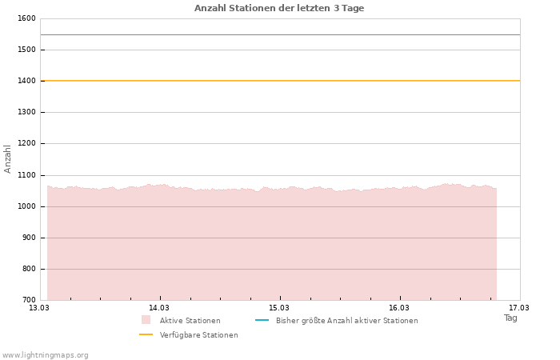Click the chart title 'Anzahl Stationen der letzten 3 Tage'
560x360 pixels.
[x=279, y=8]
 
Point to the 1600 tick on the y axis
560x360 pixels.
[x=26, y=18]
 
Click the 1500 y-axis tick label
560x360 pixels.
[x=26, y=50]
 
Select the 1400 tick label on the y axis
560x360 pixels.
[x=26, y=81]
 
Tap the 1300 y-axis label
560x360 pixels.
[x=26, y=112]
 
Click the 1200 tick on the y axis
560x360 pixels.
[x=26, y=143]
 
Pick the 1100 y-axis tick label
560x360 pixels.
[x=26, y=175]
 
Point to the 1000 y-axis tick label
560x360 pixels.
[x=26, y=206]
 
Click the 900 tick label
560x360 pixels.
[x=28, y=238]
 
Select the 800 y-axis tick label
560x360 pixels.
[x=28, y=269]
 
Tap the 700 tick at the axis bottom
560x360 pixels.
[x=28, y=300]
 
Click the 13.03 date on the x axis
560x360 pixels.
[x=39, y=307]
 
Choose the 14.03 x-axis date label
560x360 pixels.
[x=159, y=307]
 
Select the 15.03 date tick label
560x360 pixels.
[x=279, y=307]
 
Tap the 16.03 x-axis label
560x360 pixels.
[x=399, y=307]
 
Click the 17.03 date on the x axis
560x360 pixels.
[x=519, y=307]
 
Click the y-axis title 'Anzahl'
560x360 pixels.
[x=8, y=158]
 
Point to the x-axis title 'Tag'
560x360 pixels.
[x=510, y=318]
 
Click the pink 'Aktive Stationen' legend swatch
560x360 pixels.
[x=146, y=320]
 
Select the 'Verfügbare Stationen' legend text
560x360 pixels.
[x=198, y=335]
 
